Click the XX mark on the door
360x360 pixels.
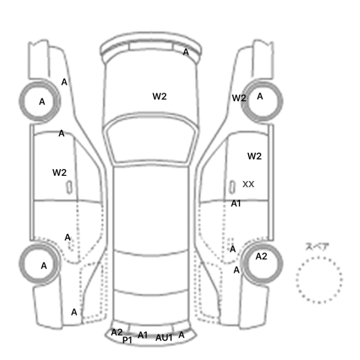click(248, 184)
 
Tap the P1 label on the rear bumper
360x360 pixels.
click(127, 340)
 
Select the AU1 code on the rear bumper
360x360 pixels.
click(164, 338)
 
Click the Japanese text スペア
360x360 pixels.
click(314, 247)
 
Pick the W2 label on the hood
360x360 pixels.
click(159, 97)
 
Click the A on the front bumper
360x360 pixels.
click(186, 52)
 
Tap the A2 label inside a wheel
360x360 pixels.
click(261, 257)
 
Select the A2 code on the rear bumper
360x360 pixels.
click(117, 332)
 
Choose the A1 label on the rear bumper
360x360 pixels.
click(142, 335)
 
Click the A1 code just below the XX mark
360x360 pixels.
click(236, 204)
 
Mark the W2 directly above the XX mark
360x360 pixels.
click(255, 156)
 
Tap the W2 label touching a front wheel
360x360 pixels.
click(239, 98)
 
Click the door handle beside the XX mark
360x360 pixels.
click(232, 187)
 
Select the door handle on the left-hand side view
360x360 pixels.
click(69, 187)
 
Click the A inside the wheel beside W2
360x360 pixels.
click(260, 97)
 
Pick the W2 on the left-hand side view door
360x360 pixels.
click(60, 173)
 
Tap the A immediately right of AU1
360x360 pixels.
click(182, 335)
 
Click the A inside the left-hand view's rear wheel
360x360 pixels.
click(44, 266)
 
